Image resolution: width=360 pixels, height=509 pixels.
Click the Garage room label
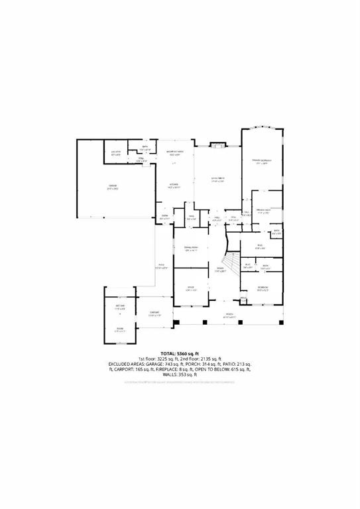(x=113, y=188)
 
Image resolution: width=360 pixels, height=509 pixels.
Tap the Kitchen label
(x=174, y=185)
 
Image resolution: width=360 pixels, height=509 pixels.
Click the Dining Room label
(x=192, y=249)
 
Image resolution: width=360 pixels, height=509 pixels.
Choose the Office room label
(x=192, y=288)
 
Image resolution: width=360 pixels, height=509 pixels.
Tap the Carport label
(x=154, y=313)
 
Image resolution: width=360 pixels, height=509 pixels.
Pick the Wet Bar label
(x=120, y=306)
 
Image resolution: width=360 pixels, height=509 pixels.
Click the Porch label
(x=230, y=315)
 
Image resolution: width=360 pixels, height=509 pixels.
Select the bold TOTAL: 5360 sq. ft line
(x=180, y=353)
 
